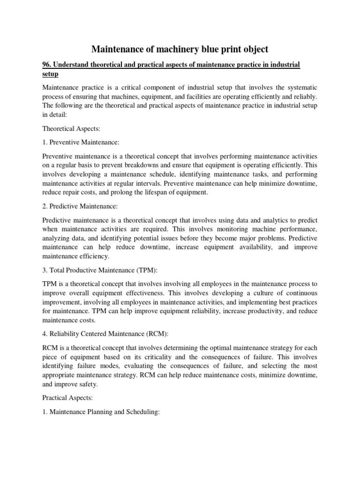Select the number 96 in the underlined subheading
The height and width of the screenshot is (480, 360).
pos(47,64)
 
